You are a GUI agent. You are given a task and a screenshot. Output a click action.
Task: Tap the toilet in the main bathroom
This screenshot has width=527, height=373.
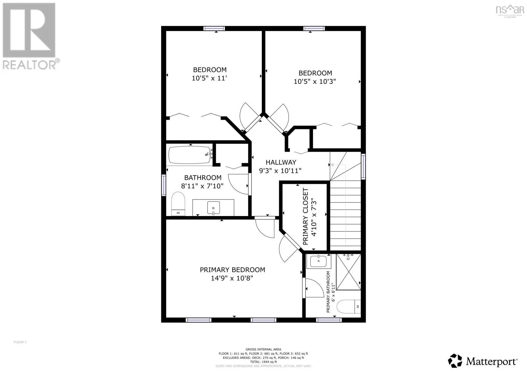[178, 204]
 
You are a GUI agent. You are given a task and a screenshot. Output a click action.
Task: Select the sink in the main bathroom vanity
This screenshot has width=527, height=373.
[213, 207]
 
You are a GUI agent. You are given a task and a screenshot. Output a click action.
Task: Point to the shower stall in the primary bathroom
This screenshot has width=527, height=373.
[348, 272]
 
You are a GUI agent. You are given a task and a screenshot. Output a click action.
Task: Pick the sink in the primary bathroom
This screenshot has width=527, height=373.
[318, 261]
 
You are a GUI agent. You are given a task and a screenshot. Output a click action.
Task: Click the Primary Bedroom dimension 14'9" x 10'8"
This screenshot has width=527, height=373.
[232, 278]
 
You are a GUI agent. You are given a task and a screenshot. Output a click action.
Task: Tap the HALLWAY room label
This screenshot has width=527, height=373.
[281, 162]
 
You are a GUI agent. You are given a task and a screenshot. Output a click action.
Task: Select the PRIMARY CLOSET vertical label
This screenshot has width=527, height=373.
[306, 216]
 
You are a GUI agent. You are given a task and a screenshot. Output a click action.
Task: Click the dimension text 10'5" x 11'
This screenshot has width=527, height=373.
[209, 78]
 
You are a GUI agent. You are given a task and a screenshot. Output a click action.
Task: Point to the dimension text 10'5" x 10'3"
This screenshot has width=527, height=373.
[315, 81]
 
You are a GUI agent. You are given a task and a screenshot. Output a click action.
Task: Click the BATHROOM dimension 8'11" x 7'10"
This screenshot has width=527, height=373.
[202, 186]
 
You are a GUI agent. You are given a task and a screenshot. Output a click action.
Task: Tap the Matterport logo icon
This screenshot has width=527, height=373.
[456, 361]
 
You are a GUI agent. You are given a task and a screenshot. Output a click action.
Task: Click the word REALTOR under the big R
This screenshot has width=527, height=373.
[30, 64]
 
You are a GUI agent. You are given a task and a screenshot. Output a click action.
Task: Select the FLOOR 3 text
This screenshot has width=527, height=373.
[20, 342]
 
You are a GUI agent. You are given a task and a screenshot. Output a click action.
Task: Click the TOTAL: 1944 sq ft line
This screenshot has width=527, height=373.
[263, 362]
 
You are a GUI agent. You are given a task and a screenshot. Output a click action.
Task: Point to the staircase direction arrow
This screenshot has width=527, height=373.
[333, 165]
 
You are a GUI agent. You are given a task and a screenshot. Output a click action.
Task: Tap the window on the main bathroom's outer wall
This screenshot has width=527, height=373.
[164, 185]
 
